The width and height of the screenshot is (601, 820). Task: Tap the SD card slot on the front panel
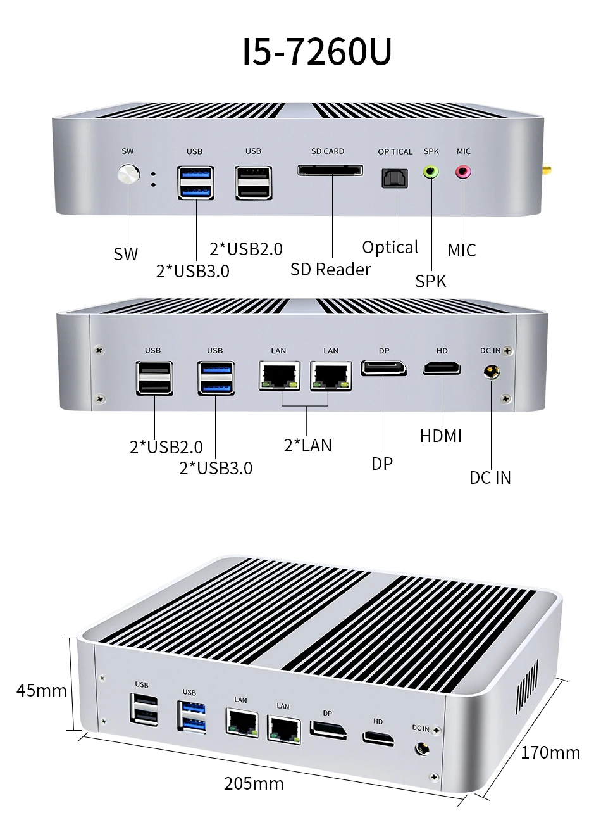[330, 170]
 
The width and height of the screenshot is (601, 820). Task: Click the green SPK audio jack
[431, 172]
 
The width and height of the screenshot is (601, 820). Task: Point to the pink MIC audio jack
[464, 172]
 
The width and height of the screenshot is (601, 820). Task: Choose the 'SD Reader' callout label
[330, 269]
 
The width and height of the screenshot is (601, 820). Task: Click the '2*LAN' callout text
[307, 445]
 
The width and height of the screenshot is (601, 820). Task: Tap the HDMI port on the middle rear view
[442, 368]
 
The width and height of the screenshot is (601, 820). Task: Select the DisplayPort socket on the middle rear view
[383, 368]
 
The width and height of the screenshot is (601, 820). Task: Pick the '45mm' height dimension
[41, 690]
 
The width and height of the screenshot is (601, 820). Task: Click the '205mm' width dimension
[254, 783]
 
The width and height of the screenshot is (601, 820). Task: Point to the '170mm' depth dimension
[550, 752]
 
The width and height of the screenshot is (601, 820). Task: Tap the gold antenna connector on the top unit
[545, 170]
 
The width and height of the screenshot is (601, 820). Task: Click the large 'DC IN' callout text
[490, 477]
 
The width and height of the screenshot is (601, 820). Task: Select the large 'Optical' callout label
[390, 247]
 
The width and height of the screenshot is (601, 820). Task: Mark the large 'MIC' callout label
[462, 250]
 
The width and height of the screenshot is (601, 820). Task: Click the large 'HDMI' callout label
[441, 436]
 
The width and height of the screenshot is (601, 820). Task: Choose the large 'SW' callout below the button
[125, 254]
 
